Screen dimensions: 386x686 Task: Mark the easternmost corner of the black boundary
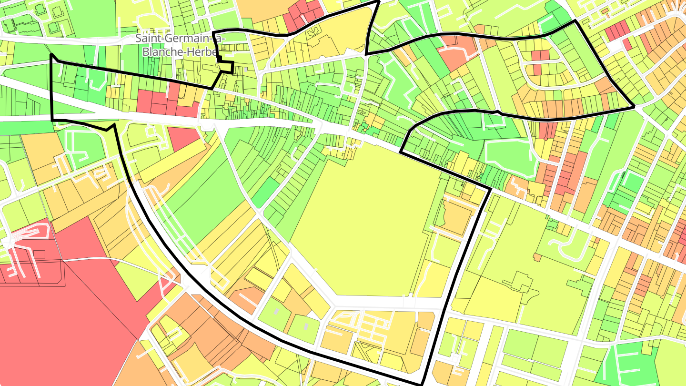coord(634,106)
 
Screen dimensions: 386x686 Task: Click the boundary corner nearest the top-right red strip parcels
coord(575,21)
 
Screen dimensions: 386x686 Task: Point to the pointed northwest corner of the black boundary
coord(51,55)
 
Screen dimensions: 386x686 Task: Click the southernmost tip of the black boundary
coord(422,384)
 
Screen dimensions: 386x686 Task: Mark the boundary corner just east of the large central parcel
coord(490,190)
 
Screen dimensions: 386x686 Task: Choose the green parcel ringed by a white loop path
coord(507,155)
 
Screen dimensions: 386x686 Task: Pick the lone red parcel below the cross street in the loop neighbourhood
coord(537,70)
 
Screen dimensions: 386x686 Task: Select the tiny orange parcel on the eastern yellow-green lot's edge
coord(537,257)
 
